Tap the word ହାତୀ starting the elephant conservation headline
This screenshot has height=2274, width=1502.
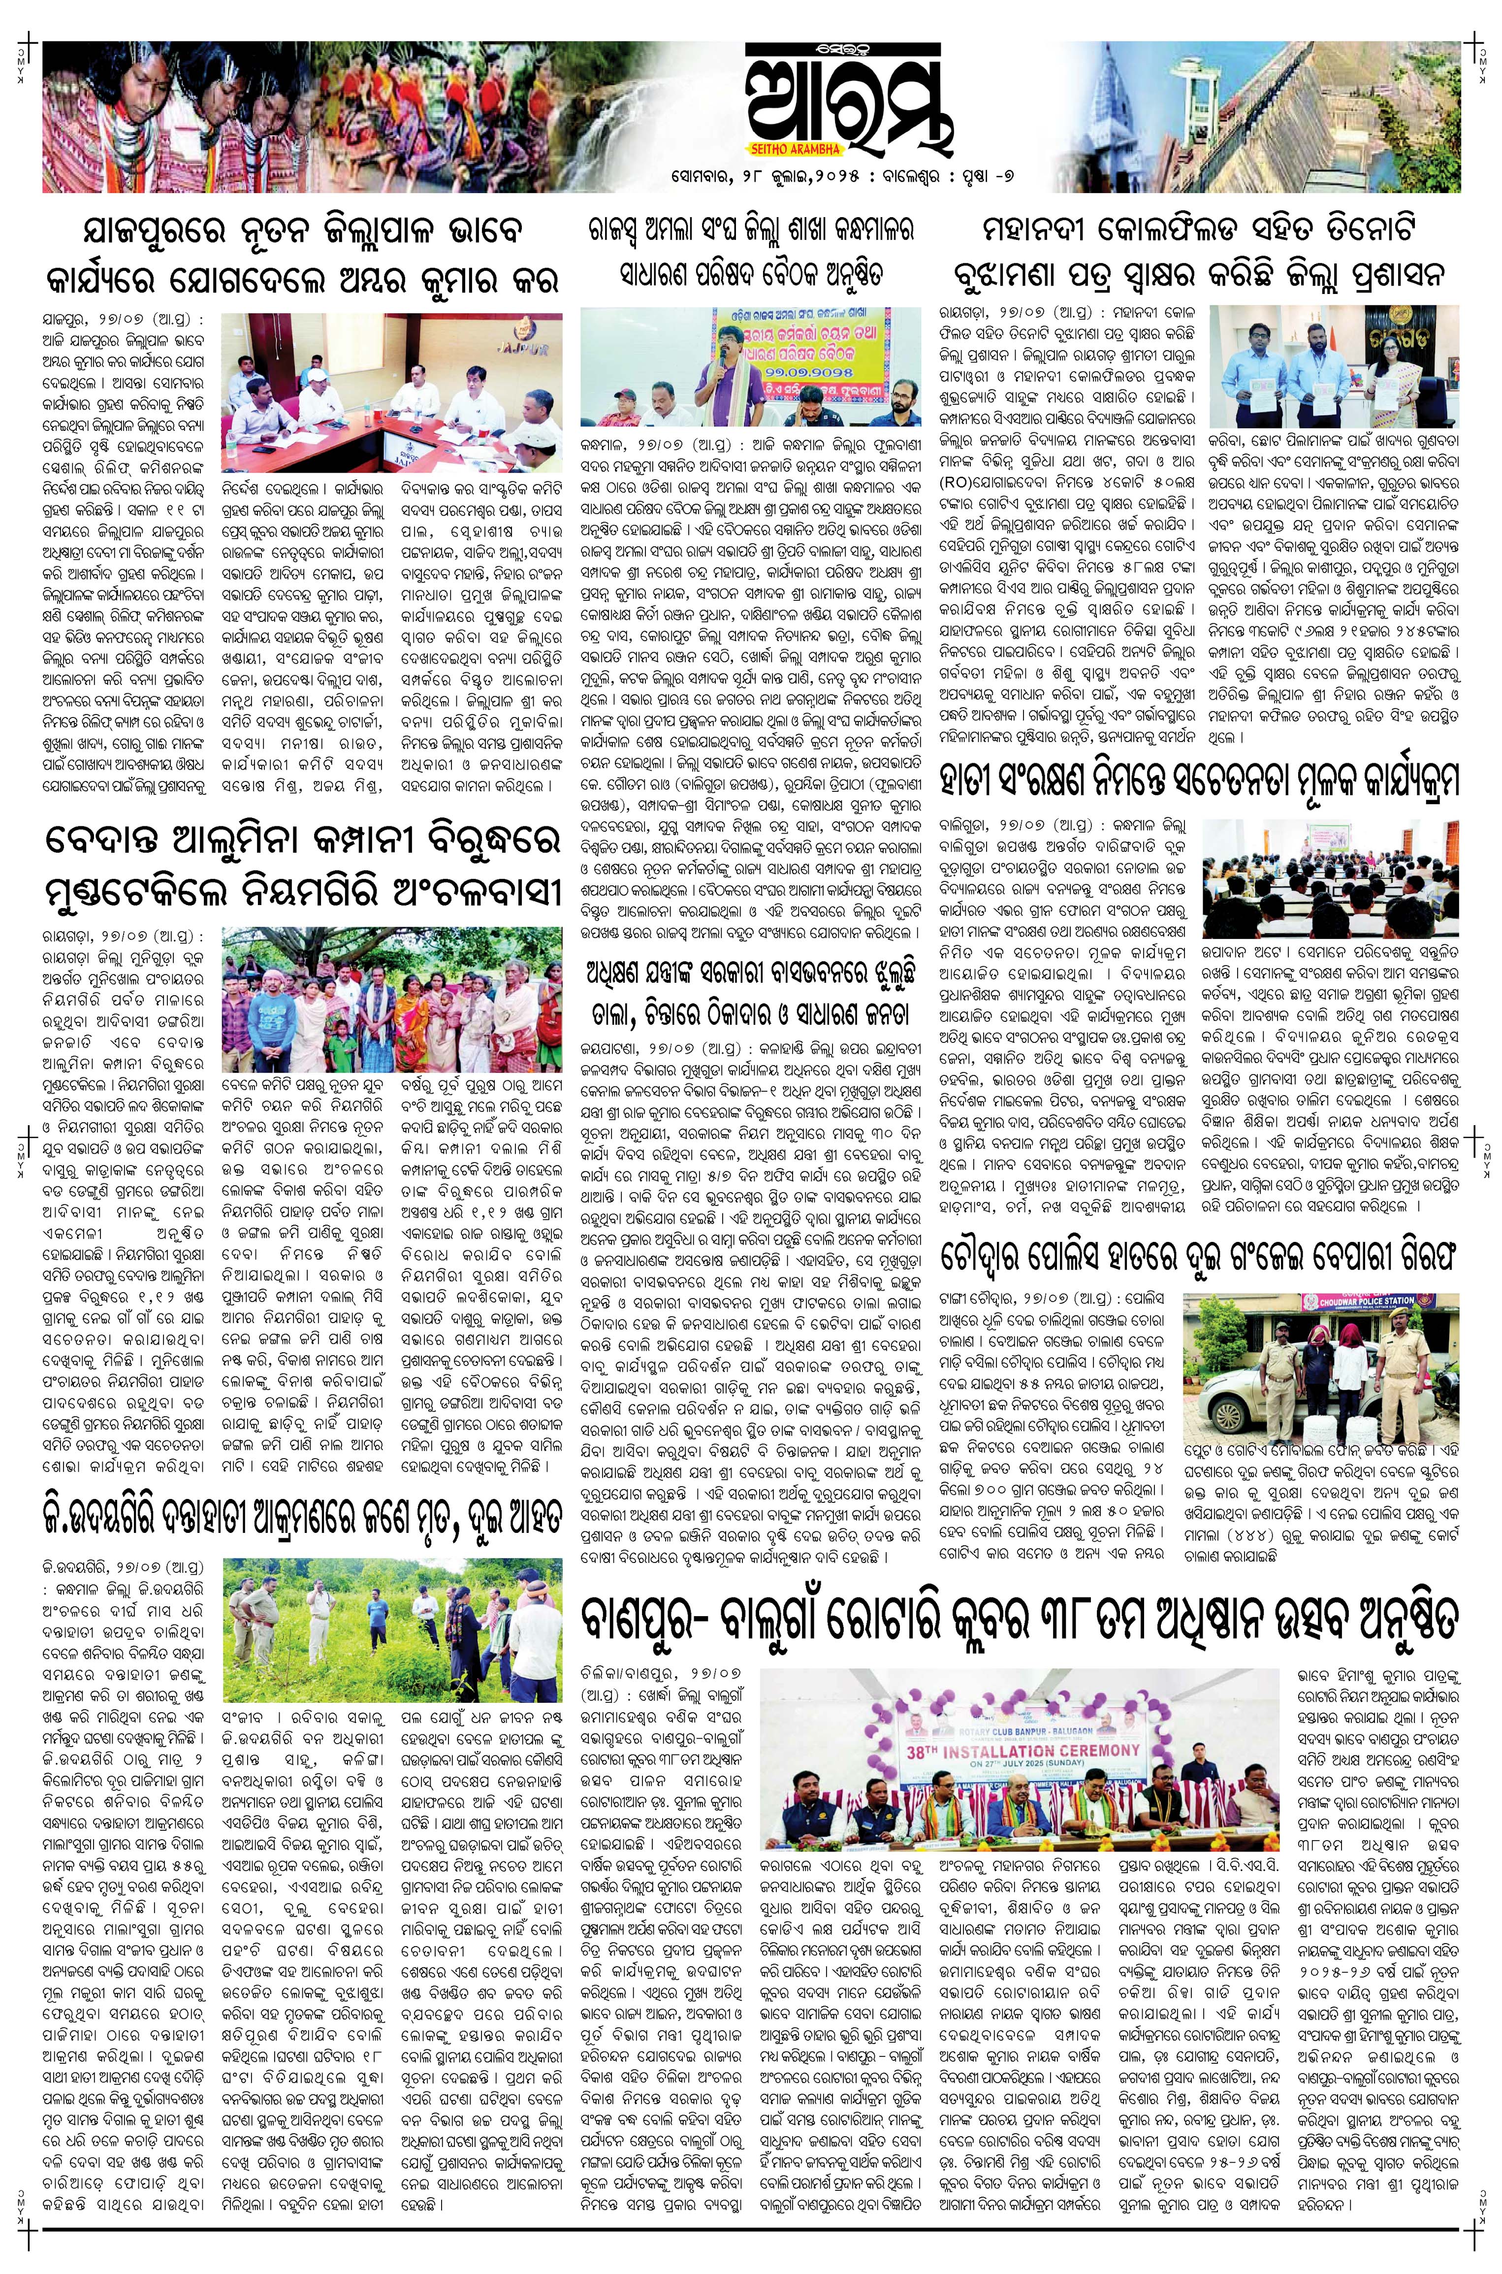pos(977,780)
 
